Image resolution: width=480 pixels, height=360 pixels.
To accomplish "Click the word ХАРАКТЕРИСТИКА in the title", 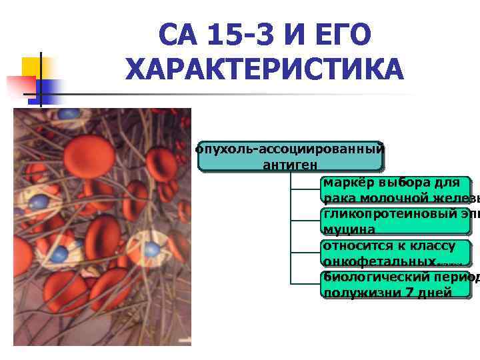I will [x=264, y=69].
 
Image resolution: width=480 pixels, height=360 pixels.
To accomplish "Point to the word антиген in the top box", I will [x=290, y=163].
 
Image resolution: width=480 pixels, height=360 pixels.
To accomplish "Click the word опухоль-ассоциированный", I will [x=290, y=149].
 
